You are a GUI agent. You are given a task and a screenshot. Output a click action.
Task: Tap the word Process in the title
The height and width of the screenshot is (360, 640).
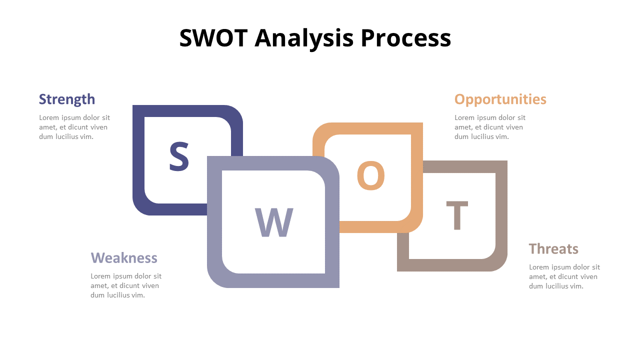[x=405, y=38]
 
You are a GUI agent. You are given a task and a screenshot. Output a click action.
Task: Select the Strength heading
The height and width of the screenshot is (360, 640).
[x=67, y=99]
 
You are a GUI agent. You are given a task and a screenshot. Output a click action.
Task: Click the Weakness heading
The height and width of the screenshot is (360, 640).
[x=124, y=257]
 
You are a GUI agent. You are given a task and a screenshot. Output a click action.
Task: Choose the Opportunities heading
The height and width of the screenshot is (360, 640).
[x=500, y=99]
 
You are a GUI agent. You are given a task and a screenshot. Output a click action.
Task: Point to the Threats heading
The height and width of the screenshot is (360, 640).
[x=553, y=248]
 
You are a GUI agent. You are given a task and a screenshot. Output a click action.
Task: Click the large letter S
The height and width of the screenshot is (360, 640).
[x=179, y=156]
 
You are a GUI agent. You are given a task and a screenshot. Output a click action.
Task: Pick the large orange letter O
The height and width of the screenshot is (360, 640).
[x=370, y=175]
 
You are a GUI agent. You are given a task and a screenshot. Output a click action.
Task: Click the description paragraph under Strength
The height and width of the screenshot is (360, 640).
[x=74, y=127]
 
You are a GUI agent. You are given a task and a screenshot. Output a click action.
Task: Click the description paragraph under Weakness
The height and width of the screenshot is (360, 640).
[x=126, y=285]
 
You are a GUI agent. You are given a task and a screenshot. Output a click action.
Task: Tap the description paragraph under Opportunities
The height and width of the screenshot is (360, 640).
[x=490, y=127]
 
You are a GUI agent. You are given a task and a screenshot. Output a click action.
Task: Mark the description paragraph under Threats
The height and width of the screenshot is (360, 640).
[x=564, y=276]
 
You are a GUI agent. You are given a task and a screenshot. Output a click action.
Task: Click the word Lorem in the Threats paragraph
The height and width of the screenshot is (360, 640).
[x=538, y=267]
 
